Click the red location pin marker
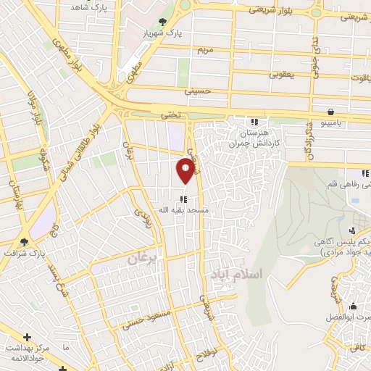click(186, 170)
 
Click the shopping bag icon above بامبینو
click(331, 112)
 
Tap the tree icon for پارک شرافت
click(26, 241)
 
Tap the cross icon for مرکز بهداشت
click(27, 337)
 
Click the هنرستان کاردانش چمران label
click(266, 137)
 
